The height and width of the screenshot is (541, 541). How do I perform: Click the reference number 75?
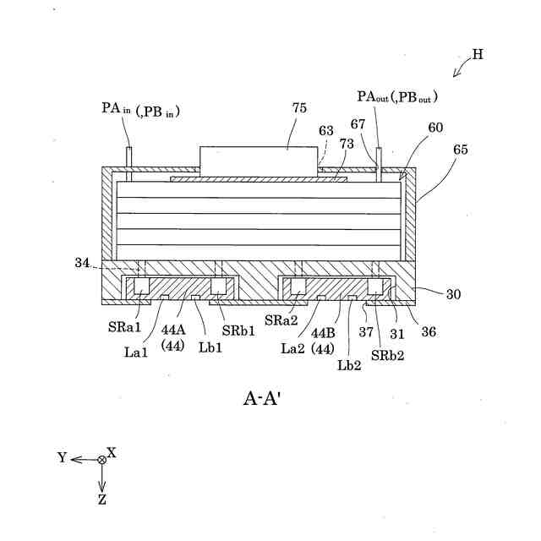click(299, 107)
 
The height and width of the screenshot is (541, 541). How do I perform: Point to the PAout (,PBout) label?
click(397, 98)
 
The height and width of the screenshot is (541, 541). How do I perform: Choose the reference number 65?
click(460, 149)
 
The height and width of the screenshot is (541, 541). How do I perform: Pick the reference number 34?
click(81, 263)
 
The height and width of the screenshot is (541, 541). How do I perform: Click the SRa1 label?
click(123, 326)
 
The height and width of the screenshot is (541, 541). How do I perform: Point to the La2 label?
click(294, 347)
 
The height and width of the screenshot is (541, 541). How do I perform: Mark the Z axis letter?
click(102, 499)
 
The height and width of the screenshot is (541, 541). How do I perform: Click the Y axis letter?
click(62, 457)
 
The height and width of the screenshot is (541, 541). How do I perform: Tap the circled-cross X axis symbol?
click(102, 459)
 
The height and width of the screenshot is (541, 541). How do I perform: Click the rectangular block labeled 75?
click(260, 160)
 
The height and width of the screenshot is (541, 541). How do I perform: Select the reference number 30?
click(453, 294)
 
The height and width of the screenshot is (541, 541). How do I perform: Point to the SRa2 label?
click(280, 320)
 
